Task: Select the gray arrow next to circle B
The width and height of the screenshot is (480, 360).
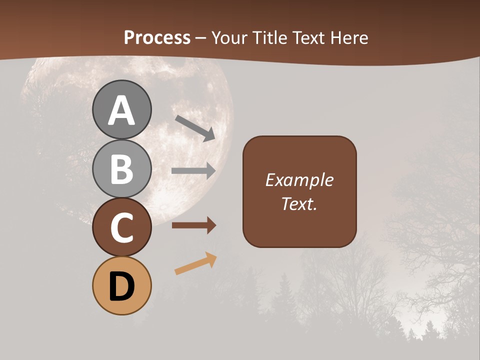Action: pos(193,170)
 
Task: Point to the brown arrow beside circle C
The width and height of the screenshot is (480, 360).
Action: pos(193,225)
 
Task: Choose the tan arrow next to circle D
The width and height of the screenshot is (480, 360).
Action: pos(195,264)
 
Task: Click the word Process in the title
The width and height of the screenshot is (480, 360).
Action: pos(157,38)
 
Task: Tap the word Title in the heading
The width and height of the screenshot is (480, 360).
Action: pos(269,38)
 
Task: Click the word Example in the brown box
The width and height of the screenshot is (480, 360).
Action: pos(299,180)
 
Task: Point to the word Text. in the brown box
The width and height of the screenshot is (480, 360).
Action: pos(299,204)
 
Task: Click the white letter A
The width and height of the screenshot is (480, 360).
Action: pos(121,111)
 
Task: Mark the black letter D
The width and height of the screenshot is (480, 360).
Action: pos(121,286)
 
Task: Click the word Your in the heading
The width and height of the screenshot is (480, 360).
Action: pos(229,38)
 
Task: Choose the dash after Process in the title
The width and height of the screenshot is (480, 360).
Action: pos(201,38)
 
